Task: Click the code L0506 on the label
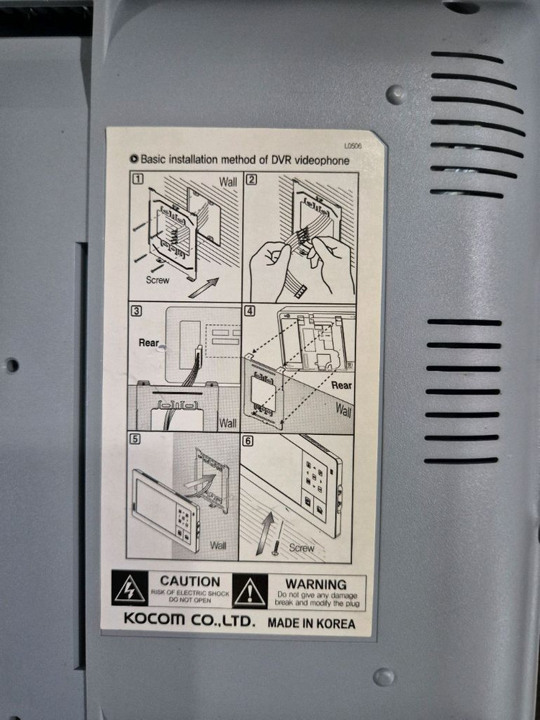(x=353, y=146)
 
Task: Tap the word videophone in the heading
(x=321, y=161)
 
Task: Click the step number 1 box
(x=138, y=179)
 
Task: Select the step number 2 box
(x=251, y=179)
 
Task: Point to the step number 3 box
(x=136, y=311)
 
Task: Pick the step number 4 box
(x=249, y=311)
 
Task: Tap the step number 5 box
(x=135, y=439)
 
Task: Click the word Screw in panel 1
(x=158, y=279)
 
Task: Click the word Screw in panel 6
(x=302, y=548)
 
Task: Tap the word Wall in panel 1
(x=228, y=182)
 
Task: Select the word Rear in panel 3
(x=149, y=343)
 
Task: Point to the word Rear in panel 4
(x=341, y=386)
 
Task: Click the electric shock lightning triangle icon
(x=130, y=588)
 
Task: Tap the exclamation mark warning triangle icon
(x=250, y=591)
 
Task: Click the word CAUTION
(x=190, y=581)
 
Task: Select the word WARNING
(x=316, y=585)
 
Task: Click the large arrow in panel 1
(x=204, y=288)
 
